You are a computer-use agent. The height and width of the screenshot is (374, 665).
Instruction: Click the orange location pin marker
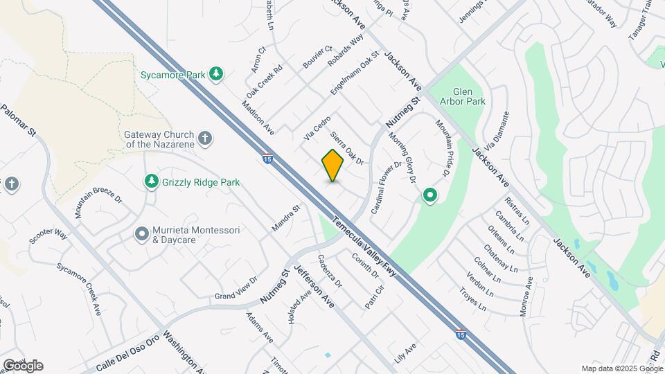(x=333, y=166)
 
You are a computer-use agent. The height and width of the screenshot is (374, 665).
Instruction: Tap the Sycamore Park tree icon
(x=217, y=73)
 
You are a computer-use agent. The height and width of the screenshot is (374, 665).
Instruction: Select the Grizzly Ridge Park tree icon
(x=151, y=181)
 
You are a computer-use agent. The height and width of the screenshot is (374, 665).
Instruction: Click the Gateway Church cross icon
(x=204, y=138)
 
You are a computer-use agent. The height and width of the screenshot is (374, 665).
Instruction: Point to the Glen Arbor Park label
(x=469, y=96)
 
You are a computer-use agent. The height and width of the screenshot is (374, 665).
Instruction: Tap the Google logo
(x=23, y=366)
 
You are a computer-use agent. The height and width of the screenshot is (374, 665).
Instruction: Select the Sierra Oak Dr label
(x=348, y=148)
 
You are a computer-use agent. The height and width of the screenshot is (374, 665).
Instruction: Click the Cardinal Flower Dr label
(x=387, y=186)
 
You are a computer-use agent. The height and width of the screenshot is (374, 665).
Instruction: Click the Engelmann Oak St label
(x=355, y=73)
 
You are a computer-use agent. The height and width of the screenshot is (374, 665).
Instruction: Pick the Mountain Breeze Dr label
(x=98, y=207)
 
